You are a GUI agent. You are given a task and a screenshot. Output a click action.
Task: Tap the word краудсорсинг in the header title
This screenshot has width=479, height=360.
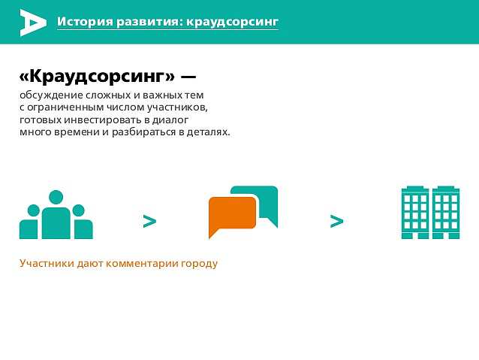(232, 22)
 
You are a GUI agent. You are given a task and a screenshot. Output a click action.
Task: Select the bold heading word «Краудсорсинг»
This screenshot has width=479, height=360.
(97, 76)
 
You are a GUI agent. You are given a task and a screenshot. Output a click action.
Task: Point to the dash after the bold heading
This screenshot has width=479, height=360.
(188, 77)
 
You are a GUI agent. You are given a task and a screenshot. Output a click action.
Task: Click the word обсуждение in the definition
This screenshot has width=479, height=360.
(51, 95)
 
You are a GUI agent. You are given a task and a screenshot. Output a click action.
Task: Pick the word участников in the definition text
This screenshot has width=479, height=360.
(177, 107)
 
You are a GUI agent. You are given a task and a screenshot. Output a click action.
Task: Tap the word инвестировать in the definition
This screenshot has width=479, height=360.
(103, 119)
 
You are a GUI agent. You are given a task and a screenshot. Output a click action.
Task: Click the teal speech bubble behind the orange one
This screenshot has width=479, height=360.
(267, 202)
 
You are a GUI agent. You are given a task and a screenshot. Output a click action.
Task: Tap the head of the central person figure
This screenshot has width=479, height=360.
(56, 198)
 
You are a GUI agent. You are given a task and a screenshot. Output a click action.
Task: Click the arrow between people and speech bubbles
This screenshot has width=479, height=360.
(149, 221)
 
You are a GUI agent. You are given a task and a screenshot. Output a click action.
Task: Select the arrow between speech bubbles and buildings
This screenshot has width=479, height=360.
(336, 221)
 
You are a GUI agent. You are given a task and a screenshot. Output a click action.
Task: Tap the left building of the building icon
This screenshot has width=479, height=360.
(415, 212)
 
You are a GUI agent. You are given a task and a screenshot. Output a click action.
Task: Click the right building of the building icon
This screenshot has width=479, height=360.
(446, 212)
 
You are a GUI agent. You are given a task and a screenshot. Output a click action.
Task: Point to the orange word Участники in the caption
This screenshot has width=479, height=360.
(47, 263)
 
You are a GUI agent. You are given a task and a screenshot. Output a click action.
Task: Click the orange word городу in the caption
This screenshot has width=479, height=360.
(200, 264)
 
